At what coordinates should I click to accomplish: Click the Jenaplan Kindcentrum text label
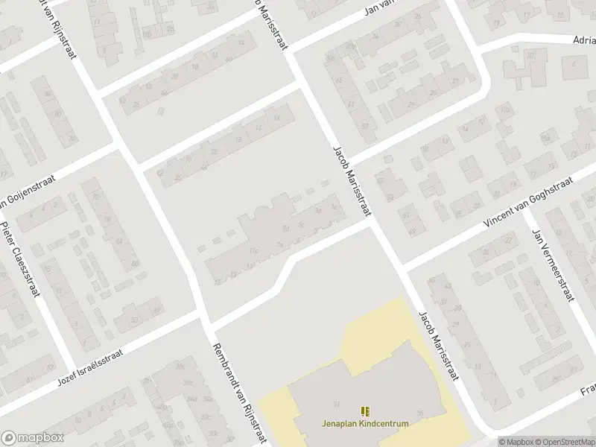[x=365, y=424]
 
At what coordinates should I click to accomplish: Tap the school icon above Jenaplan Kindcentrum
[x=365, y=411]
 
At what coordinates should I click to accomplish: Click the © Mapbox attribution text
[x=515, y=441]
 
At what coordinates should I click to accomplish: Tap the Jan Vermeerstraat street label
[x=551, y=265]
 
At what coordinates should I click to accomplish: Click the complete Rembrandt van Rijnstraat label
[x=240, y=393]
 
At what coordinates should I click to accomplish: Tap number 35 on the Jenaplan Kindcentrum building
[x=421, y=414]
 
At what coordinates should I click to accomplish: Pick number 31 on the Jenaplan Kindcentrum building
[x=337, y=404]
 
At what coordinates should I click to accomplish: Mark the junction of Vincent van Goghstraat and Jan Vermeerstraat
[x=524, y=212]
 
